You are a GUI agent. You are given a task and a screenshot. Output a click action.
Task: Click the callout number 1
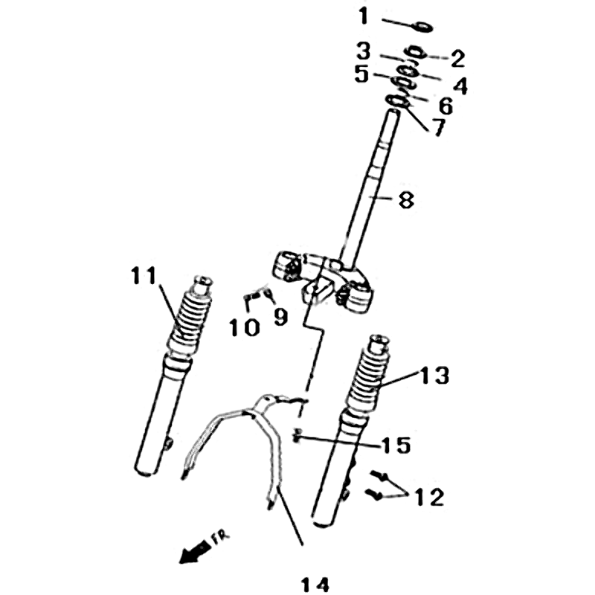[364, 17]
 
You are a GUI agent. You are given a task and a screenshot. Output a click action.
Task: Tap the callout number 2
[457, 59]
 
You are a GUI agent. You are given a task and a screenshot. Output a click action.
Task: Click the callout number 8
[406, 200]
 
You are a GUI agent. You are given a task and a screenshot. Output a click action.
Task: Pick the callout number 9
[280, 318]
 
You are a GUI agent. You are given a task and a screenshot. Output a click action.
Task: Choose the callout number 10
[245, 328]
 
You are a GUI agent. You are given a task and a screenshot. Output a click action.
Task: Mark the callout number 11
[144, 275]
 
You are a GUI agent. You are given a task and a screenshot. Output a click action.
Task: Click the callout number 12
[429, 497]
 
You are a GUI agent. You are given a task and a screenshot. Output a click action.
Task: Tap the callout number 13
[435, 376]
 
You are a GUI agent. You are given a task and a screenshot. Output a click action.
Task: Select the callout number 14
[315, 585]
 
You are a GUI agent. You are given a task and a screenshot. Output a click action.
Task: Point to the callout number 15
[396, 446]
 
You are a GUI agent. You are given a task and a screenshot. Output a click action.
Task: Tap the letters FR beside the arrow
[220, 538]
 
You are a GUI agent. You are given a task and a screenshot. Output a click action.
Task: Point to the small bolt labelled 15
[297, 435]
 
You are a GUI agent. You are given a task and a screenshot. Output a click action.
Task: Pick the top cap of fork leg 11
[202, 284]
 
